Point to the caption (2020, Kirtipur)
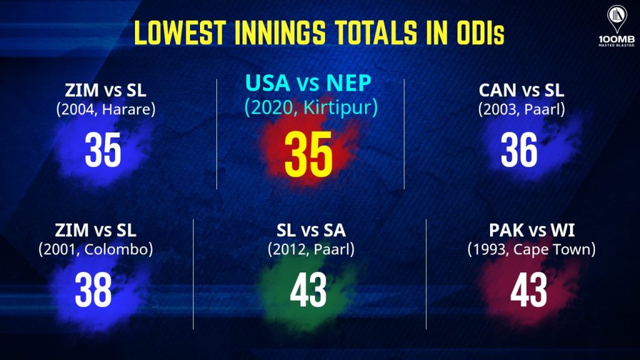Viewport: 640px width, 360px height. pyautogui.click(x=311, y=107)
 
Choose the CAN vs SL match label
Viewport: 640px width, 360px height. pyautogui.click(x=521, y=90)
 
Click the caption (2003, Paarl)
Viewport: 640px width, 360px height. pyautogui.click(x=522, y=110)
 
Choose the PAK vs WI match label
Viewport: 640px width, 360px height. pyautogui.click(x=531, y=231)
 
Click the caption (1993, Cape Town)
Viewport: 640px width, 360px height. pyautogui.click(x=531, y=250)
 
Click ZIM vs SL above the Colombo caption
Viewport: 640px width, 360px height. pyautogui.click(x=96, y=231)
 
